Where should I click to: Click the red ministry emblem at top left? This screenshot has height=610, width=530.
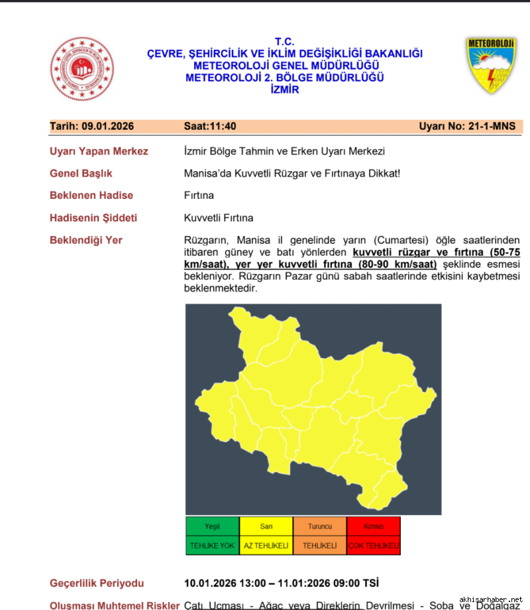coord(82,69)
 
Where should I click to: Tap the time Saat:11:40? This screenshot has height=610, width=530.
coord(210,127)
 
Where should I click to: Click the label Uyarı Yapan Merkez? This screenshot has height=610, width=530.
coord(99,151)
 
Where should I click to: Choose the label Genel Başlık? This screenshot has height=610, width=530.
coord(81,173)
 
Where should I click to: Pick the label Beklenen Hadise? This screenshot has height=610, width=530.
coord(91,196)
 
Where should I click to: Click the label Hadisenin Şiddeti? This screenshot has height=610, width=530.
coord(93,217)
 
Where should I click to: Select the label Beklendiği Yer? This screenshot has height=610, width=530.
coord(86,240)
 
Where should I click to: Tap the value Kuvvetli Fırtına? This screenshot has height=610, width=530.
coord(219,217)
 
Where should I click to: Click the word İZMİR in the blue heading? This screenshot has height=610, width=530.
coord(285,90)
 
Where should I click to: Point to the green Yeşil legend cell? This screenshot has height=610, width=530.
coord(212,526)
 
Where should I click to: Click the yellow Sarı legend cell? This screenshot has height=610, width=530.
coord(266,526)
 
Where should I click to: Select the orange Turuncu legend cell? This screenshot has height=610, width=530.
coord(319,526)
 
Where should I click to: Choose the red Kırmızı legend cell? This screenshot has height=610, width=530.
coord(373,526)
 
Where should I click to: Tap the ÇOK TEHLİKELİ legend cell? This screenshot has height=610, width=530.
coord(373,546)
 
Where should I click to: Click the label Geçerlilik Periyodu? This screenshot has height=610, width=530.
coord(97,583)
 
